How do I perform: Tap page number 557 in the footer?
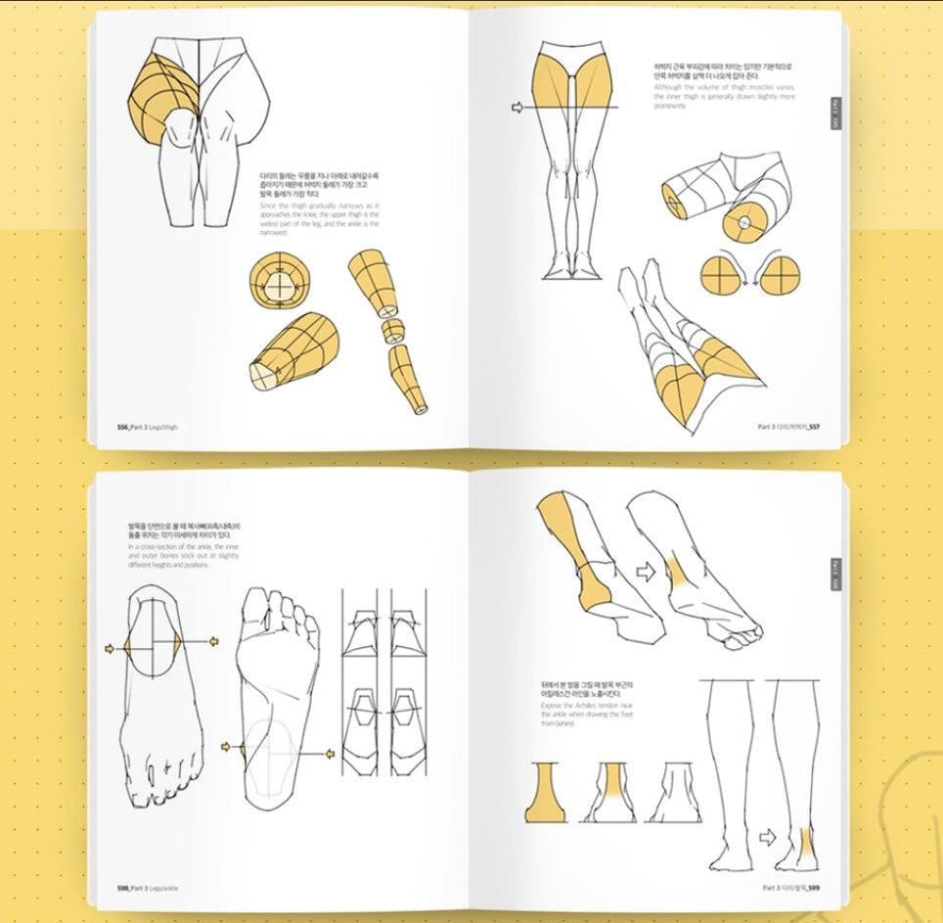(x=813, y=427)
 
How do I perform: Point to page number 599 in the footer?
(x=813, y=888)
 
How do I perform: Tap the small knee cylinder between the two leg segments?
(x=391, y=328)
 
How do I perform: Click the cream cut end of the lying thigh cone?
(x=263, y=375)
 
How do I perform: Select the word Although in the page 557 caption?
(x=670, y=87)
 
